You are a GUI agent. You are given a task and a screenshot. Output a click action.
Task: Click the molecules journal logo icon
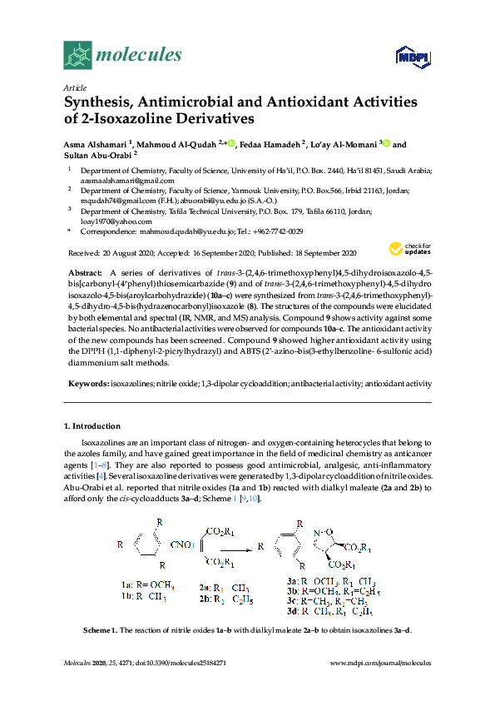click(77, 55)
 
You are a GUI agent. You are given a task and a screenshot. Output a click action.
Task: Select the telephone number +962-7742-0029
click(275, 231)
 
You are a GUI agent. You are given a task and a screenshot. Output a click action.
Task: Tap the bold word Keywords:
click(88, 383)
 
